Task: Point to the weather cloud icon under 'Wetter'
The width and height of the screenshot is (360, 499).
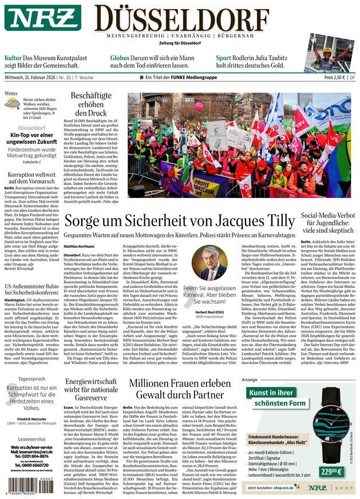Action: pos(12,103)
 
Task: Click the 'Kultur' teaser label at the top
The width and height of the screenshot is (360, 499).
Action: pos(13,58)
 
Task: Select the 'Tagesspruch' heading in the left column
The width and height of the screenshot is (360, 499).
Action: pos(31,378)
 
